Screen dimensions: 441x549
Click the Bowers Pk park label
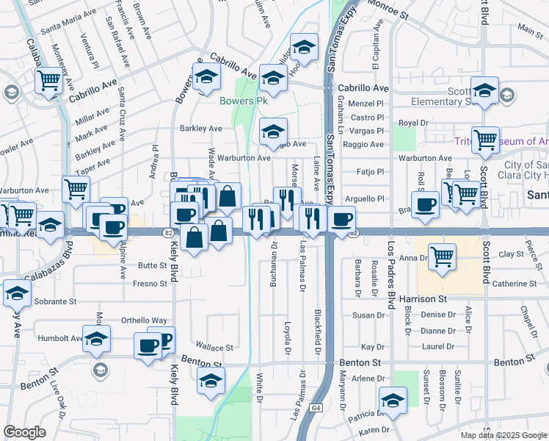(239, 101)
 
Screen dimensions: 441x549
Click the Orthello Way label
(144, 320)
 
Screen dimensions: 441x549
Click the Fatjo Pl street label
(369, 171)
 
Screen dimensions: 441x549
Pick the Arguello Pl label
(371, 198)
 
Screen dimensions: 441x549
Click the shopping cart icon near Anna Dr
(442, 257)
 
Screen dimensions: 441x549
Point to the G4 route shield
(316, 407)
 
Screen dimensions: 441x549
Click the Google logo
(25, 432)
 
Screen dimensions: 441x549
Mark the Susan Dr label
(368, 315)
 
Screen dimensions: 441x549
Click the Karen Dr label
(374, 429)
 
